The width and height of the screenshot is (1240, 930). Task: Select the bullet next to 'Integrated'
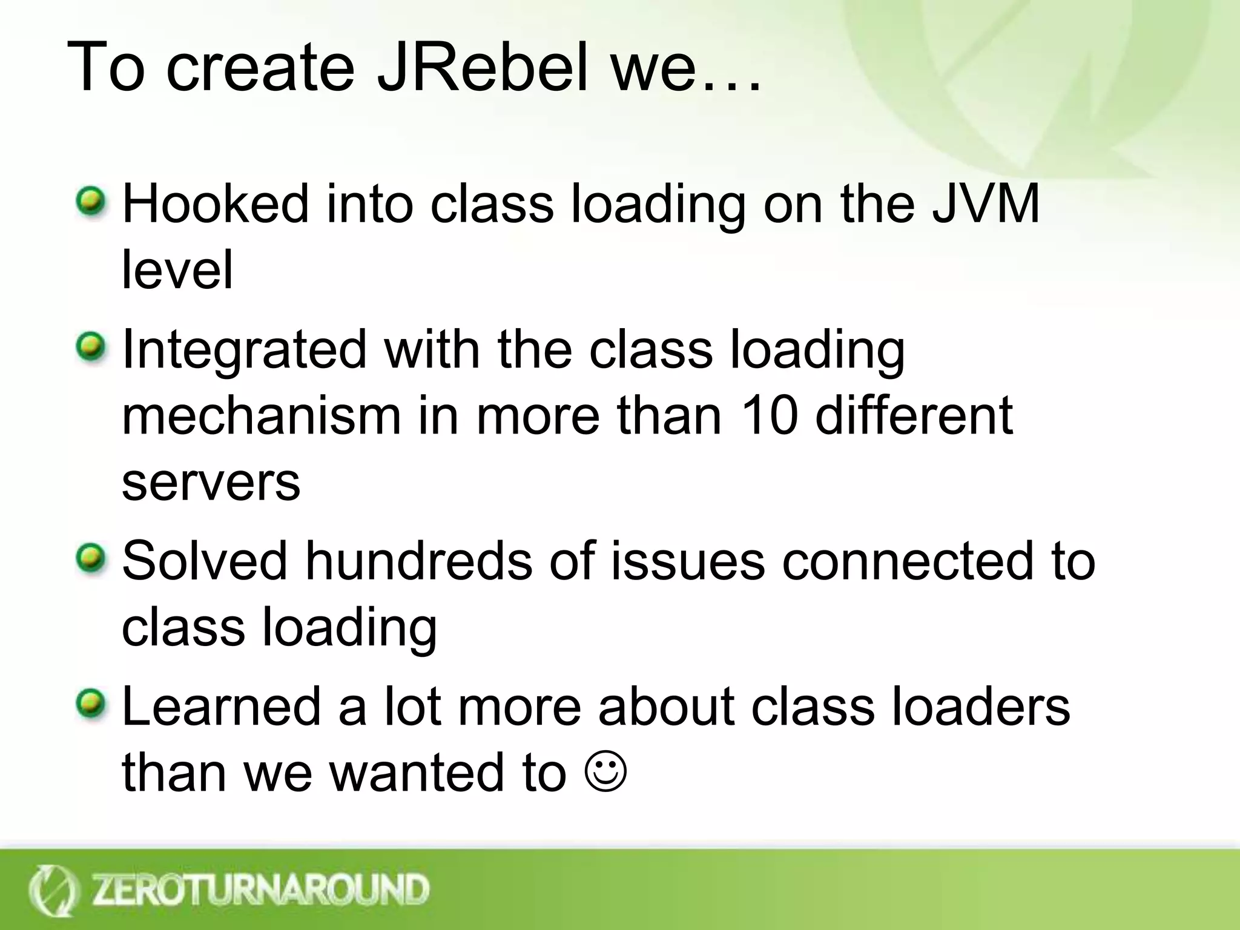(90, 348)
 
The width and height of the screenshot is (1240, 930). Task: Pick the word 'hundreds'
(418, 561)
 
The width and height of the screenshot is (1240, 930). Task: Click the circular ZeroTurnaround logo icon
(53, 891)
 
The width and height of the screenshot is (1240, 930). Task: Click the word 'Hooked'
(216, 203)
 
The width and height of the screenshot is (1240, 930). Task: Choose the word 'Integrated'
(244, 350)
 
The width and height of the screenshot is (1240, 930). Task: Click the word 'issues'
(688, 561)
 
